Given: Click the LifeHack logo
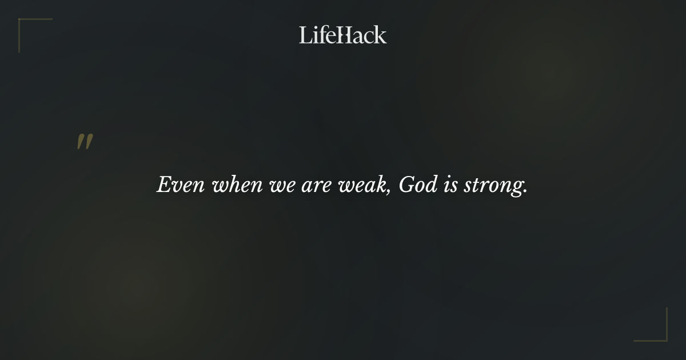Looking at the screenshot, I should point(343,35).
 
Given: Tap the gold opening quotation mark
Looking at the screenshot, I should point(85,142).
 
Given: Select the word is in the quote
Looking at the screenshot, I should point(451,185).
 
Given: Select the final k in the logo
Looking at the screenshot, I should point(380,35).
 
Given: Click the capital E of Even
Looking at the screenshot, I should point(165,185).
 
